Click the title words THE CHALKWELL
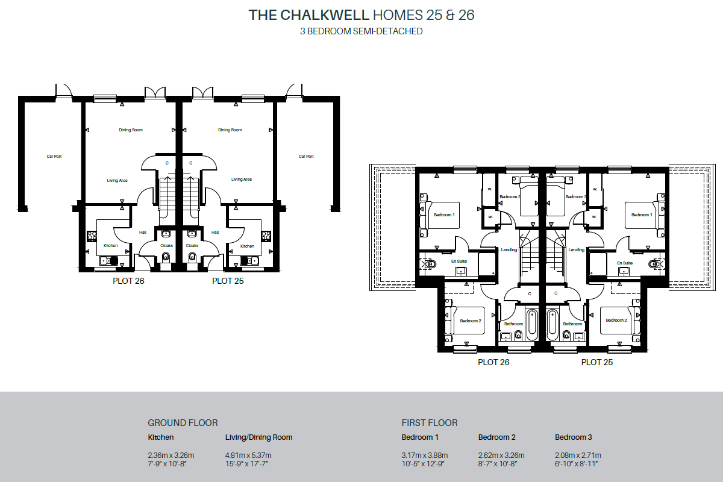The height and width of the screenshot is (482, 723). click(308, 16)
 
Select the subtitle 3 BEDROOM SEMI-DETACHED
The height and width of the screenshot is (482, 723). click(361, 31)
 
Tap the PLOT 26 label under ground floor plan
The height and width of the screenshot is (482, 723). click(128, 281)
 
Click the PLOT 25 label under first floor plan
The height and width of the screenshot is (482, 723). click(596, 363)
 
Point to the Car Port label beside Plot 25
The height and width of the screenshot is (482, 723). click(306, 157)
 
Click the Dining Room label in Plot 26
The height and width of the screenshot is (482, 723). click(130, 130)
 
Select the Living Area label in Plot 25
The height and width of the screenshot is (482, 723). click(241, 180)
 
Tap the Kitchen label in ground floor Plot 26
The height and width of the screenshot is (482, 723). click(110, 246)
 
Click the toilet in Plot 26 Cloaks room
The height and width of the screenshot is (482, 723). click(166, 257)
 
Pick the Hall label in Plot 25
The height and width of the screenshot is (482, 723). click(215, 232)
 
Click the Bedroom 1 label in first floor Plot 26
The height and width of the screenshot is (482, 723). click(444, 215)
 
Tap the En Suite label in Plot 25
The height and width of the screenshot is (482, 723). click(624, 263)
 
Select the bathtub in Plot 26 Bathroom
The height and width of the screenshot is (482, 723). click(531, 324)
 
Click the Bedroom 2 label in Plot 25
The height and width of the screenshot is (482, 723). click(616, 321)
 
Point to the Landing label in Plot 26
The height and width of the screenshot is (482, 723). click(509, 250)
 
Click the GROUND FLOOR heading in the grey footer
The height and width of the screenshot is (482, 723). click(183, 423)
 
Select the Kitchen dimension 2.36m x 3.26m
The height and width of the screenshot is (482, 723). click(171, 455)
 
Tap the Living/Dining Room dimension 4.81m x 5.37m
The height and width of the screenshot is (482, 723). click(248, 455)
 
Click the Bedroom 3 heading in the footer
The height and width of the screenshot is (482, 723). click(574, 437)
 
